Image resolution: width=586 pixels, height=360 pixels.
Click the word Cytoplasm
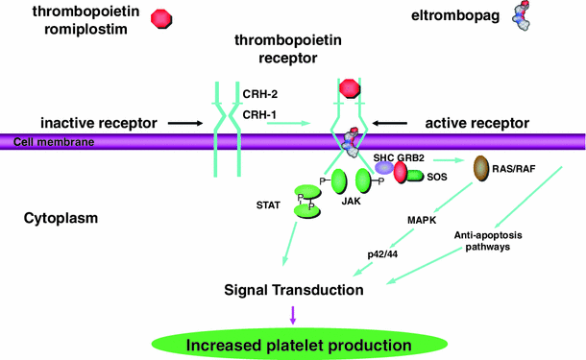pyautogui.click(x=58, y=220)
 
